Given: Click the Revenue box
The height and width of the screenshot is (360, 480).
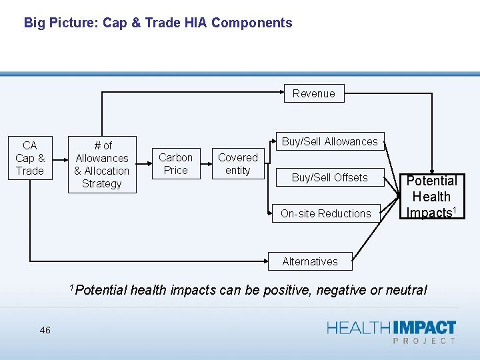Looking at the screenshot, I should (313, 93).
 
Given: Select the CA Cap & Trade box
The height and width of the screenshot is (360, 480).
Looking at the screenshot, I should (29, 158).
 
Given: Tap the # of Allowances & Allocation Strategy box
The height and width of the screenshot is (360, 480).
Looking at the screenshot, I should (102, 164).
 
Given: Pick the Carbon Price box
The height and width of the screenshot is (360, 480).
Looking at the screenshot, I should (175, 164).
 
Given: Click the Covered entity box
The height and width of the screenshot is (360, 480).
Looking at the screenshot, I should (237, 164).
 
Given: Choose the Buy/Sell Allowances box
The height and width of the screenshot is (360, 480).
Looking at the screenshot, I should (329, 141).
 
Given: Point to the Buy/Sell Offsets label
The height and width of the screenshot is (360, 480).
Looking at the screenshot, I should (329, 177).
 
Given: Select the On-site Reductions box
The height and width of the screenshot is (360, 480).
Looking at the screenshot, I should (325, 213).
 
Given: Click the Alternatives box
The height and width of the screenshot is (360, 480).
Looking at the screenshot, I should (309, 261).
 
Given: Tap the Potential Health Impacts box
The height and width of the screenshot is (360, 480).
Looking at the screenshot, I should (431, 197).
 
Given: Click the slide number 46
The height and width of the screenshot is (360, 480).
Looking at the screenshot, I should (45, 330).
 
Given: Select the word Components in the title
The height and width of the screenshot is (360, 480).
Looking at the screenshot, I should (251, 23).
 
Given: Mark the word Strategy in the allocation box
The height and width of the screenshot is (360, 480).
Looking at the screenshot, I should (102, 183).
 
